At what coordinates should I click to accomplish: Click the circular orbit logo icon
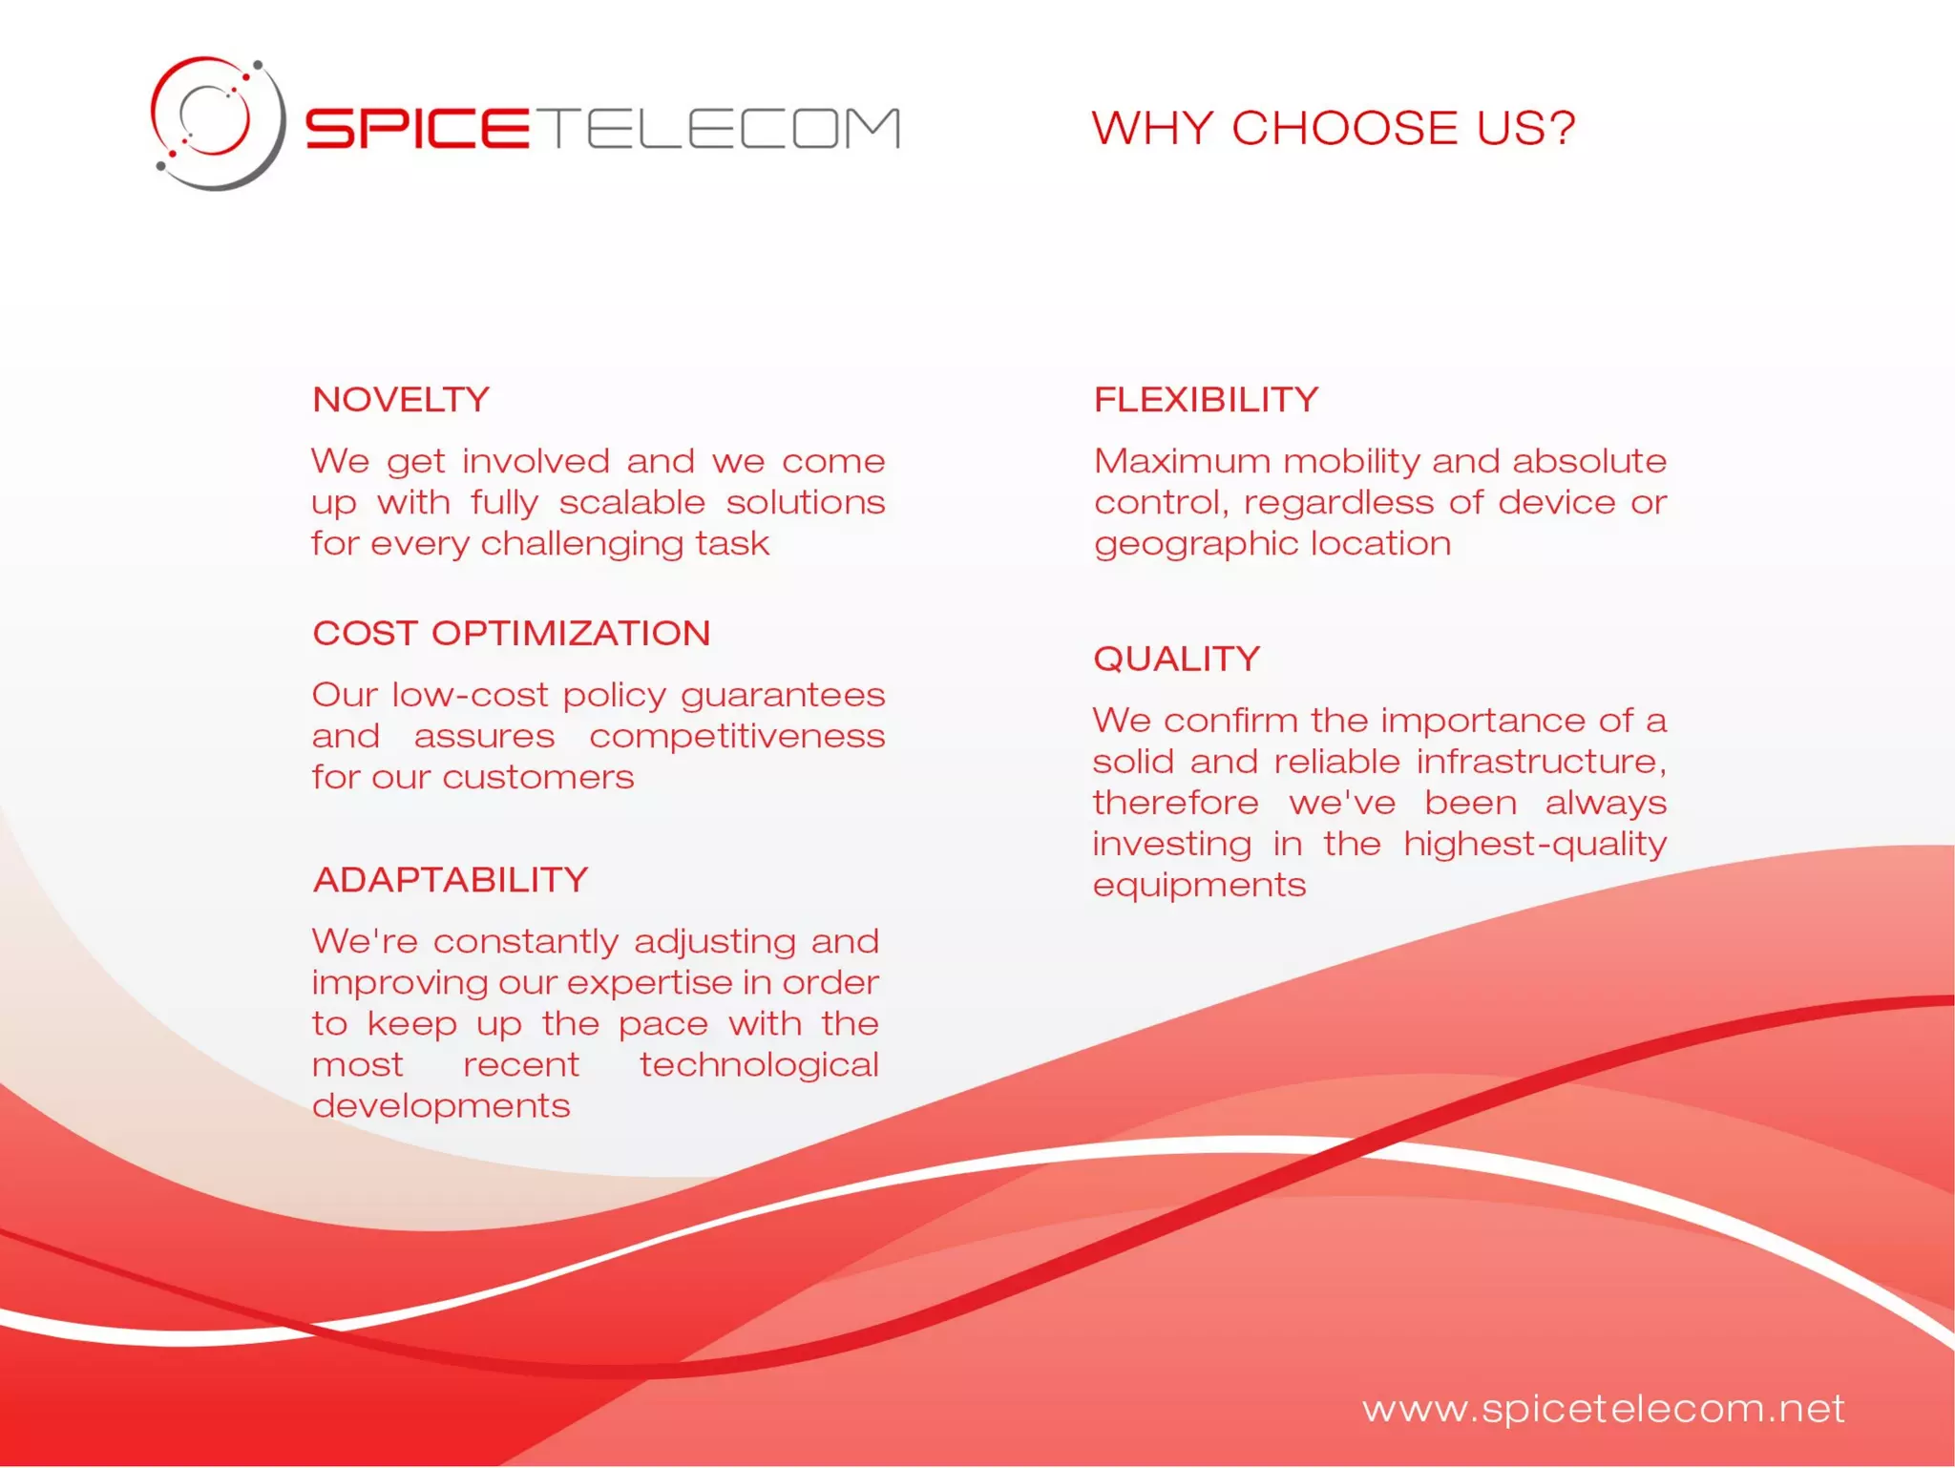coord(218,123)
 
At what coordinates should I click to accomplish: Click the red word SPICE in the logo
coord(417,128)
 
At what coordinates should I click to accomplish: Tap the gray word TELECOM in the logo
coord(723,128)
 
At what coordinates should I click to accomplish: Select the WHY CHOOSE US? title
coord(1333,128)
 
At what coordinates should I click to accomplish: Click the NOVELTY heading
coord(401,399)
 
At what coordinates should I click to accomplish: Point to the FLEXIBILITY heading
coord(1206,399)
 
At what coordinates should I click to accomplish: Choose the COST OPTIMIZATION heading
coord(512,633)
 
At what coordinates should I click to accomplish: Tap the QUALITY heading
coord(1176,659)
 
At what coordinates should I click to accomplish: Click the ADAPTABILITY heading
coord(451,879)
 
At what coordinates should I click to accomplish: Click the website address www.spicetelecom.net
coord(1603,1409)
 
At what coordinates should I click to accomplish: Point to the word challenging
coord(582,544)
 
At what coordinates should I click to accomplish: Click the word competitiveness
coord(737,736)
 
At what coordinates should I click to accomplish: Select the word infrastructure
coord(1541,762)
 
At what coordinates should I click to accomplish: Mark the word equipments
coord(1199,886)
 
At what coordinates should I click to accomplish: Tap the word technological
coord(759,1064)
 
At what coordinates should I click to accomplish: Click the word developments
coord(441,1106)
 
